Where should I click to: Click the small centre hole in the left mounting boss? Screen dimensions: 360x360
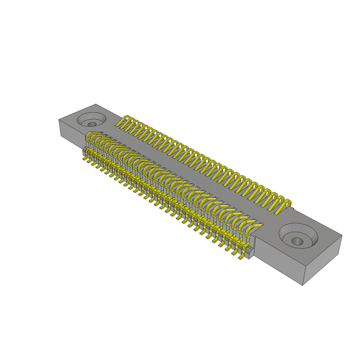[92, 124]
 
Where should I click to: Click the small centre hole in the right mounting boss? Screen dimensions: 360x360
[297, 241]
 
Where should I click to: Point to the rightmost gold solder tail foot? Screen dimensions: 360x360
[241, 258]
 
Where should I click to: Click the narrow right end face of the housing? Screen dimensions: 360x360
[322, 260]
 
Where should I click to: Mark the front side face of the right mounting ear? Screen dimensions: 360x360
[278, 260]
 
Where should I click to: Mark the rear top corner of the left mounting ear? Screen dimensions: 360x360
[96, 104]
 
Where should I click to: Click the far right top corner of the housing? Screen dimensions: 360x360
[342, 236]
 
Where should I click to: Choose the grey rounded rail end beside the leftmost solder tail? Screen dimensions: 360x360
[84, 152]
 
